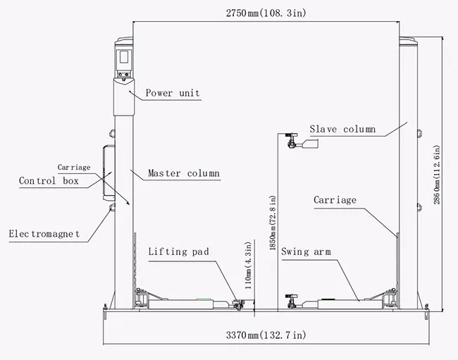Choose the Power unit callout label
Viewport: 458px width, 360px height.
[173, 93]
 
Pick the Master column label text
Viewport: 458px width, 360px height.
[183, 173]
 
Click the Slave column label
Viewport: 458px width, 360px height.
[342, 130]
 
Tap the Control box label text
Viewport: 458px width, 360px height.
[49, 181]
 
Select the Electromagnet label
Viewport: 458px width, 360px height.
[44, 233]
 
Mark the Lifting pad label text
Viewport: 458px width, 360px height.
[178, 252]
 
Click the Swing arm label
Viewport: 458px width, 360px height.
[306, 252]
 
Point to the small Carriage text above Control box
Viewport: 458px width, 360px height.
[74, 168]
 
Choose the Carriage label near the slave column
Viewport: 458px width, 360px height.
[335, 200]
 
